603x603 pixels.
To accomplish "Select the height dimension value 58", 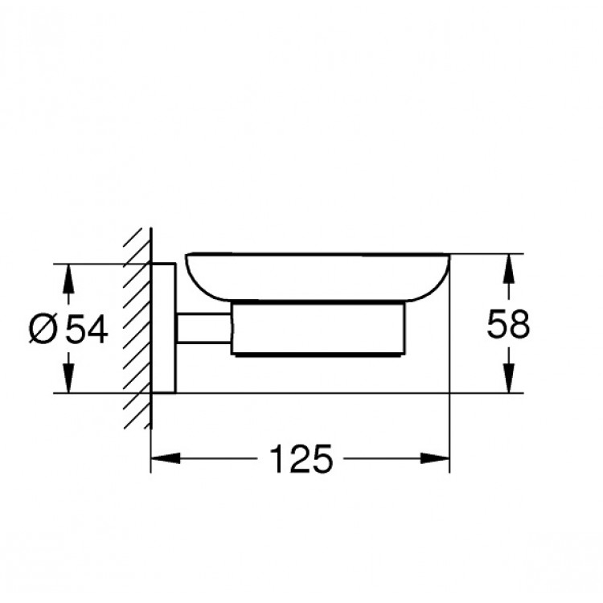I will click(508, 326).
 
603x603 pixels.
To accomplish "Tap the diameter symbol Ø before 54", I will click(44, 329).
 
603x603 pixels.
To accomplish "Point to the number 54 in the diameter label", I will click(85, 329).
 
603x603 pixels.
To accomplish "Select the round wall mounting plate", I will click(164, 328).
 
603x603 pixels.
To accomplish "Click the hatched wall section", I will click(137, 330).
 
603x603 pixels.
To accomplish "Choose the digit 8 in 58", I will click(519, 326).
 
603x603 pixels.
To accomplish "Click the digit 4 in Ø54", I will click(96, 329).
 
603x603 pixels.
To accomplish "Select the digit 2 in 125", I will click(297, 459).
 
